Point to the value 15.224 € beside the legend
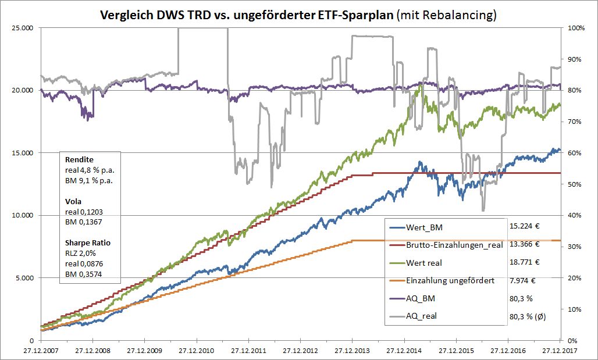click(x=524, y=227)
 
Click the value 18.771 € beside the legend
click(x=524, y=262)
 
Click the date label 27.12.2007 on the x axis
click(x=41, y=351)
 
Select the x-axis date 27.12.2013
click(x=352, y=351)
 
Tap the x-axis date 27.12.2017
click(x=560, y=351)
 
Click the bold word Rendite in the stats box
click(x=79, y=159)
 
